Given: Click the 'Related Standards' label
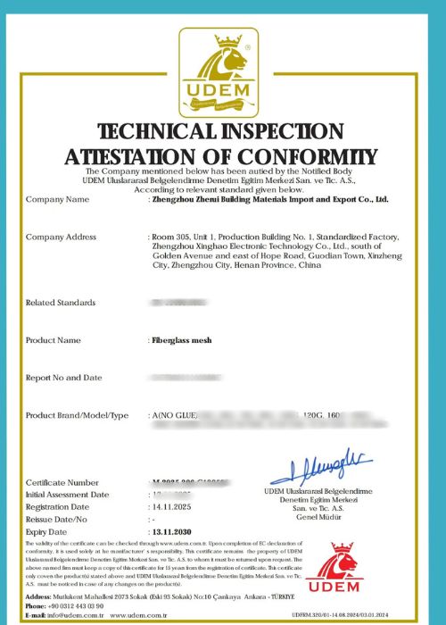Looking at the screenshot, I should pyautogui.click(x=62, y=303).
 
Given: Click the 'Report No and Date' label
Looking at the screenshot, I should pyautogui.click(x=63, y=378).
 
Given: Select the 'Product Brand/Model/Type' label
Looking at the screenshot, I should pyautogui.click(x=78, y=415).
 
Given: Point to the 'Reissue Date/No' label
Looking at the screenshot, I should pyautogui.click(x=55, y=517).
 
